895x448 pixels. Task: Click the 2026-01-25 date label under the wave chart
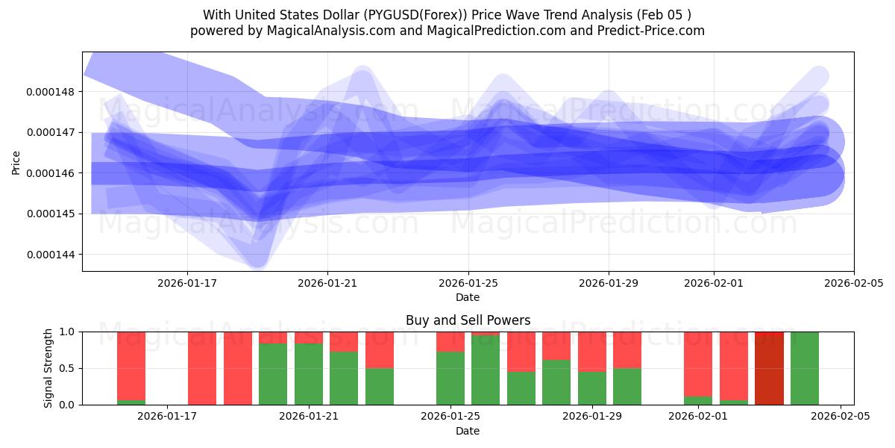click(468, 283)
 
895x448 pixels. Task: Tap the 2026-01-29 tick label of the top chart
click(609, 283)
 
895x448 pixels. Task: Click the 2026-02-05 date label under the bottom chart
click(841, 417)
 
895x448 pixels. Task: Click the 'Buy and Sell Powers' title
click(468, 320)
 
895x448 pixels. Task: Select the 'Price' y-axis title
click(16, 161)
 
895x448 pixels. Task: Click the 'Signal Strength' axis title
click(48, 368)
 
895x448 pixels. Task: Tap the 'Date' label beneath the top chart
click(468, 297)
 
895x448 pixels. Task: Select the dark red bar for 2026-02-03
click(769, 368)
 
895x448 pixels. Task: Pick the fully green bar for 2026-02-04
click(805, 368)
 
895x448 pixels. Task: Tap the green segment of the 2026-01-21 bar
click(309, 374)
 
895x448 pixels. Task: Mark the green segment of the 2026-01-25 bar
click(450, 379)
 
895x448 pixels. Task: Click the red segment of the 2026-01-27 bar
click(521, 351)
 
